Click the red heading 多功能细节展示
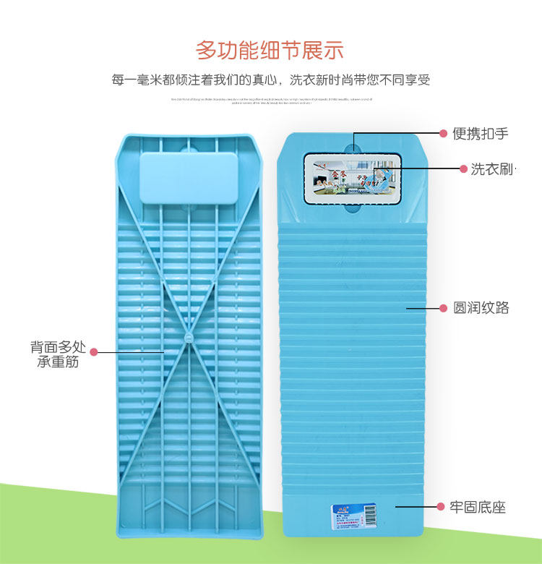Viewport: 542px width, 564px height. point(270,50)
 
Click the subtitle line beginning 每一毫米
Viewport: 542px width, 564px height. point(270,80)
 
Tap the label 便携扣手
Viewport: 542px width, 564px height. point(481,134)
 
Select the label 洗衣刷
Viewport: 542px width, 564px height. point(491,169)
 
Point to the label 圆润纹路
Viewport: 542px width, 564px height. point(481,308)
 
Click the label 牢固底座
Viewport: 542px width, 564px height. point(478,507)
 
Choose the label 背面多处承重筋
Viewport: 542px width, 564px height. point(58,354)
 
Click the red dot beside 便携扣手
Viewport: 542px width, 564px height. point(444,134)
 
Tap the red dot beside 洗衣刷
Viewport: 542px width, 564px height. point(464,169)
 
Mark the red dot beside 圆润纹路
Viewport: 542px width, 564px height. point(443,308)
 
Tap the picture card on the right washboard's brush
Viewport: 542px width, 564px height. point(353,174)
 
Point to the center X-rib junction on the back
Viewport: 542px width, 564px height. point(189,337)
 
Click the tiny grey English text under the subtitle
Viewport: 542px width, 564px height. point(270,101)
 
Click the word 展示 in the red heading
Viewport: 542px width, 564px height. point(323,50)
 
